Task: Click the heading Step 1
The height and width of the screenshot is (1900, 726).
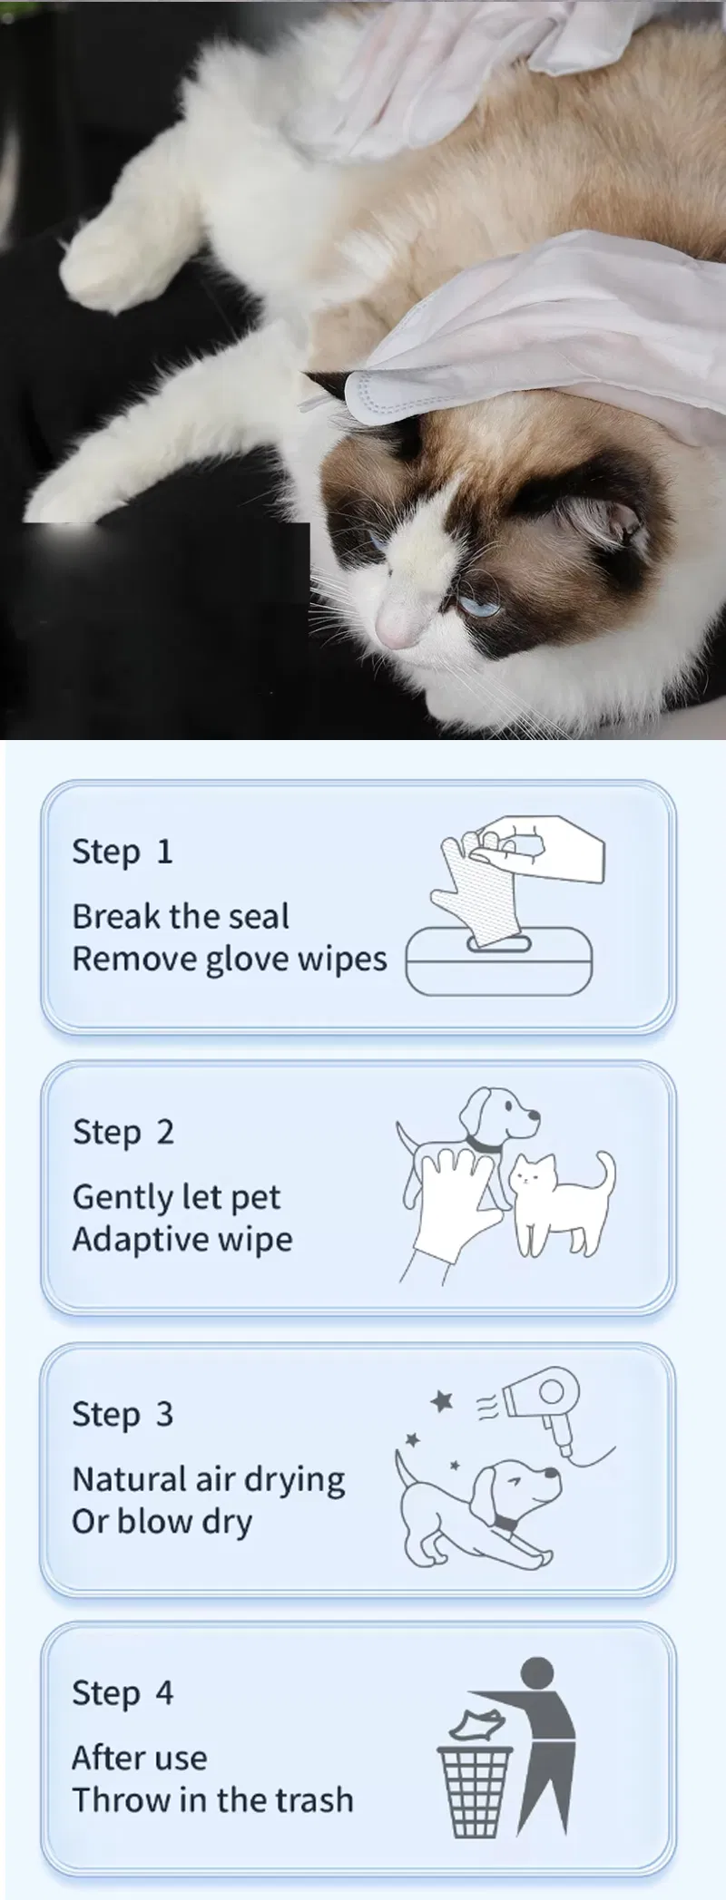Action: pos(122,852)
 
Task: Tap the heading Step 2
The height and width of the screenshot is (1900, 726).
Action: pos(123,1132)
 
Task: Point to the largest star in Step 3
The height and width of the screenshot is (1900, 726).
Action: pos(442,1401)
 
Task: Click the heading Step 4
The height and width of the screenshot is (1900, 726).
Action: pos(122,1692)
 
